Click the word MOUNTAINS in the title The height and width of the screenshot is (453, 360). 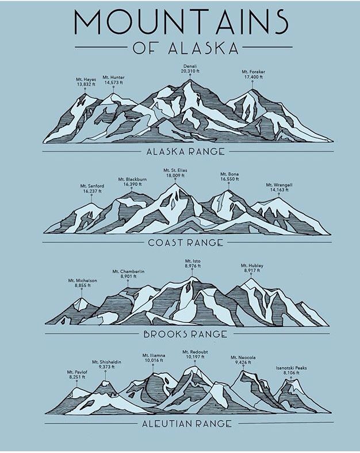181,21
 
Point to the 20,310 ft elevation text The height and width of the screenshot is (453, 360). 189,72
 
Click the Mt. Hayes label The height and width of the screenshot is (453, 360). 86,79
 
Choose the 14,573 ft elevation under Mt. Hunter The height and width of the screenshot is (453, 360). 113,82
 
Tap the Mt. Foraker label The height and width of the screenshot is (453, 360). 253,72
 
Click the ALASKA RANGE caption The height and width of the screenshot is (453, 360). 185,152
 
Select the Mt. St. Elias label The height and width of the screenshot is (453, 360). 175,170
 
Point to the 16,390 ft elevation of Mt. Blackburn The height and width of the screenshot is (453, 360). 132,185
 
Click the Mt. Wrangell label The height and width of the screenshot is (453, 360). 279,185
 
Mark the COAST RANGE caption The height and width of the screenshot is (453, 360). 185,243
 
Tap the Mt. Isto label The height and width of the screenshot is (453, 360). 193,261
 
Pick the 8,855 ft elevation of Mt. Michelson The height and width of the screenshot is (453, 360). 82,285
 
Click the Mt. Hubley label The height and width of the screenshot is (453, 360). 252,265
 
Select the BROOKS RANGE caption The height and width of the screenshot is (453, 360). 185,334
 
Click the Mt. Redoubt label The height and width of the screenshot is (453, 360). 194,351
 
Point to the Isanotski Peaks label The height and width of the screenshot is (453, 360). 291,367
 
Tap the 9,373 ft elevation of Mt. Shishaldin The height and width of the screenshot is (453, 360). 106,367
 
